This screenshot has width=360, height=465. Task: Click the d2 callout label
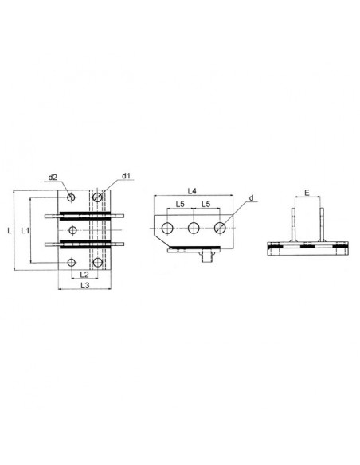[53, 178]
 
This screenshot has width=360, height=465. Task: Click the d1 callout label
[127, 176]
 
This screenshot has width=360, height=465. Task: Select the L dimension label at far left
[10, 230]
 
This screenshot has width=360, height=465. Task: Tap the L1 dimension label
[25, 230]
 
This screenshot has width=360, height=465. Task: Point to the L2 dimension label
[84, 275]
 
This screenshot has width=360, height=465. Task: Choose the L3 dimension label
[85, 285]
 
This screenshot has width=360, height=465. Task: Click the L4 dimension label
[192, 191]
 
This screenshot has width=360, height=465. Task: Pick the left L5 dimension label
[180, 204]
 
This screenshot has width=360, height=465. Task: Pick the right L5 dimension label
[205, 204]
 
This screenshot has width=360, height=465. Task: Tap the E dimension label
[307, 193]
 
